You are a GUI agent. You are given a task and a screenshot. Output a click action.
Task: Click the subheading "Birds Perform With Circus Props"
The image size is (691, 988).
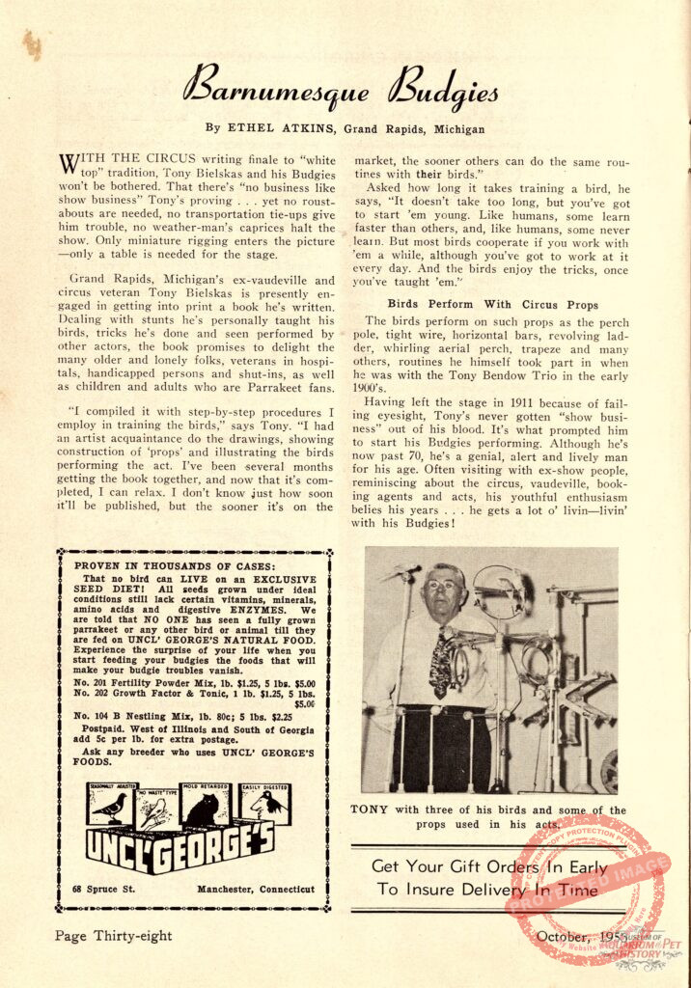(492, 305)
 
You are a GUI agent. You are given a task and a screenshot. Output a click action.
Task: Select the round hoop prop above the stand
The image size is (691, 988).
(497, 590)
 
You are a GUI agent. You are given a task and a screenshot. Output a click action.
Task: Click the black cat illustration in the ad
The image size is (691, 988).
(204, 809)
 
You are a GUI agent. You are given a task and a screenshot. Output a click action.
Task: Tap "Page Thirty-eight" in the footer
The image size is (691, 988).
(113, 935)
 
